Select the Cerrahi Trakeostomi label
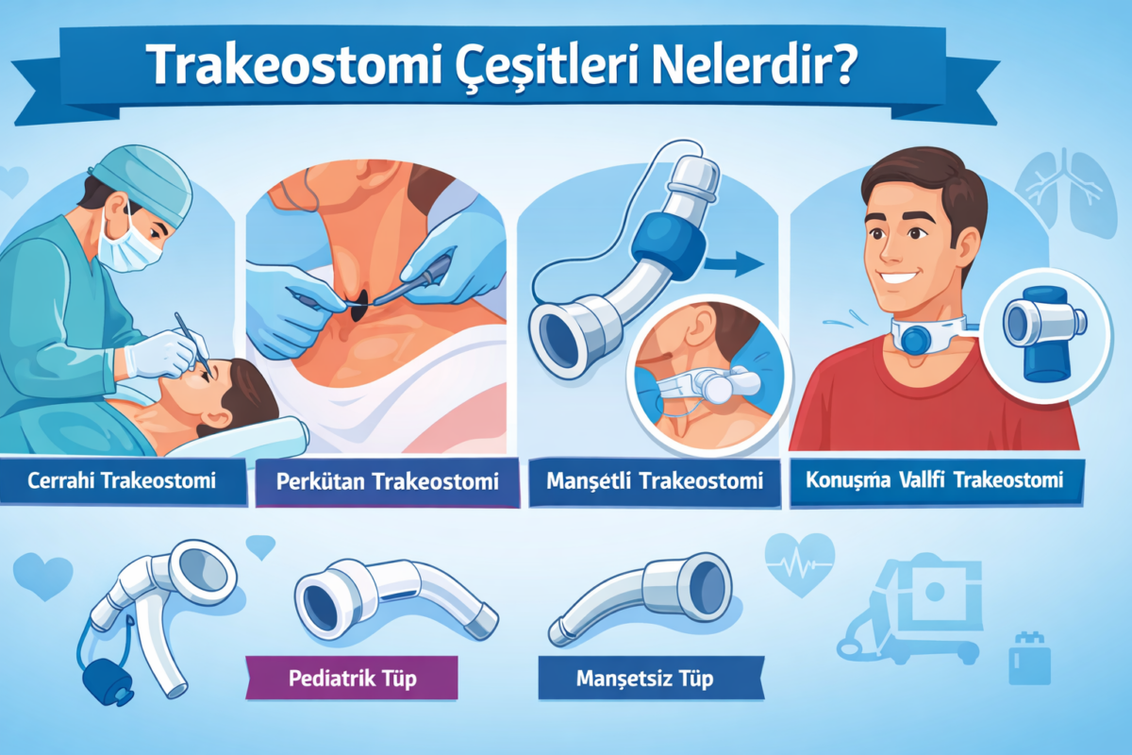pyautogui.click(x=123, y=480)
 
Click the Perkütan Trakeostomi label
pyautogui.click(x=388, y=482)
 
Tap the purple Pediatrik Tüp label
pyautogui.click(x=351, y=679)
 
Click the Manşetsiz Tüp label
pyautogui.click(x=645, y=679)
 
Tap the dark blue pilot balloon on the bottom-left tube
pyautogui.click(x=103, y=682)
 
